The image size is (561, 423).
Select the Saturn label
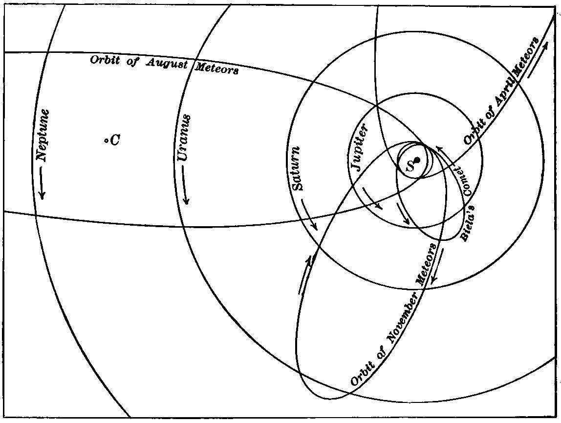(299, 168)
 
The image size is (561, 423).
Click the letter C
(114, 141)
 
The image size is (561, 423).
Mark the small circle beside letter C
(106, 141)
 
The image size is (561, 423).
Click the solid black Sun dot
(417, 160)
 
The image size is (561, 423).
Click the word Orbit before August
(102, 61)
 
